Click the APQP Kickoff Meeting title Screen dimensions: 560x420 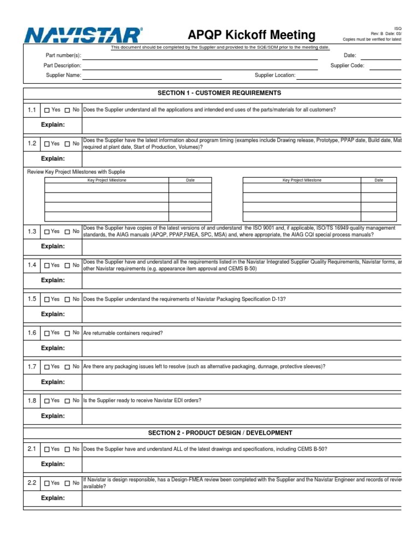pos(252,36)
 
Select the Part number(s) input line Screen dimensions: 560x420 pos(200,56)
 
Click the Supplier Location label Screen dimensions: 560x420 pos(275,75)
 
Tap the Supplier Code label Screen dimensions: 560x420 pos(347,66)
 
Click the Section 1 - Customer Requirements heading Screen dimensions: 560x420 pos(219,93)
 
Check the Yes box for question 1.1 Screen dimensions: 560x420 pos(47,110)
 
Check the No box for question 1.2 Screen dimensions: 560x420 pos(67,144)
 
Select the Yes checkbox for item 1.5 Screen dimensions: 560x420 pos(47,300)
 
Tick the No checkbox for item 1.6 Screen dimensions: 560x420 pos(67,334)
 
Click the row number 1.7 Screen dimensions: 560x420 pos(32,366)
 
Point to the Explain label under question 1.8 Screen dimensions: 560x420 pos(53,416)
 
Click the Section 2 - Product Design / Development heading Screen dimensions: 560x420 pos(220,433)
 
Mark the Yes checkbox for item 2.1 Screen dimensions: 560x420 pos(47,450)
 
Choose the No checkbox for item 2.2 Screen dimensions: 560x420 pos(67,483)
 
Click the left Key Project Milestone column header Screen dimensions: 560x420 pos(107,180)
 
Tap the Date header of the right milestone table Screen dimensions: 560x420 pos(379,180)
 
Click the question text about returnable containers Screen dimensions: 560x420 pos(123,333)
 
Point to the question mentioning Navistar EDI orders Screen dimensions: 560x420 pos(142,400)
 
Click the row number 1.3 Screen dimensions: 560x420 pos(32,231)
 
